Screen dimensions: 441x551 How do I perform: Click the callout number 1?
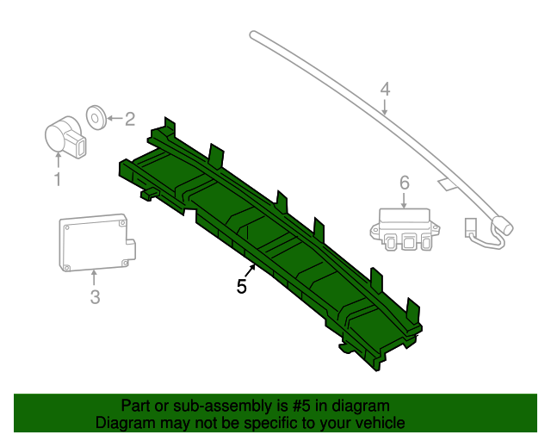point(58,180)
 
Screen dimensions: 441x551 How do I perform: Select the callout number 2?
point(130,120)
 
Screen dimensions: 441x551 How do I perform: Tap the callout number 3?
point(95,298)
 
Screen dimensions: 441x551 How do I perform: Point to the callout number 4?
point(385,89)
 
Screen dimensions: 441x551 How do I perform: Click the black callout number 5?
point(242,287)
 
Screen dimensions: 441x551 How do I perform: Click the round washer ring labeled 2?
point(96,116)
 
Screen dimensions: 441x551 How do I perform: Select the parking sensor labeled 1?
point(64,137)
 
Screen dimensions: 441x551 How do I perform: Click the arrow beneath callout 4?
point(385,107)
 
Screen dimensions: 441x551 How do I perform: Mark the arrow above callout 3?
point(95,277)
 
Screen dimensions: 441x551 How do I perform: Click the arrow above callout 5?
point(250,270)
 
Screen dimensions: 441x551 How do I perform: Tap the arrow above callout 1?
point(58,158)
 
